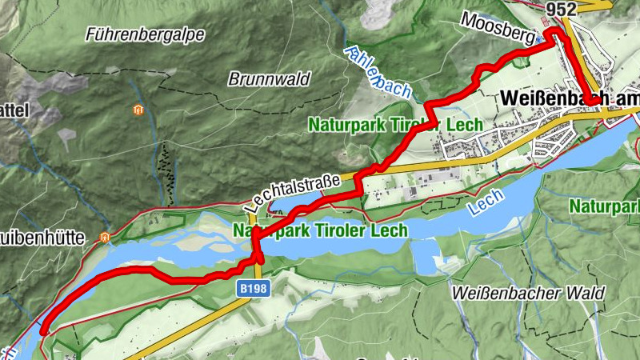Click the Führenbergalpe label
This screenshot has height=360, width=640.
145,34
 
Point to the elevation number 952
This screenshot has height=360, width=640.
562,8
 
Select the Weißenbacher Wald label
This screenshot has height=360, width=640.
527,293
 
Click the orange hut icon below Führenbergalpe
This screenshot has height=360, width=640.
138,110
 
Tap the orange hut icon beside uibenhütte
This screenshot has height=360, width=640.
104,237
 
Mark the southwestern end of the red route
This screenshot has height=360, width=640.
43,328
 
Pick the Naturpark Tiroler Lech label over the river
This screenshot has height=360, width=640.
319,230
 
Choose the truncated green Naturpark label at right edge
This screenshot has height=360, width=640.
604,206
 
